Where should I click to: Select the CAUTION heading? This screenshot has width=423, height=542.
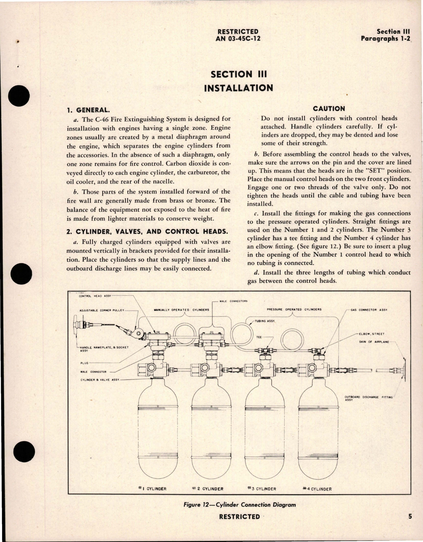point(329,109)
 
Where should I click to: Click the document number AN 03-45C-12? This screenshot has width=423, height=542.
point(238,38)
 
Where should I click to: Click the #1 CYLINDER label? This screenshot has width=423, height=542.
point(153,489)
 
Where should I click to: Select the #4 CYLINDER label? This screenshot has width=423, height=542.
point(317,489)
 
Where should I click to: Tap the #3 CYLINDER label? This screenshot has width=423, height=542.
point(262,489)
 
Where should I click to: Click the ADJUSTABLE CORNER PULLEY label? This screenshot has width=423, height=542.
point(102,310)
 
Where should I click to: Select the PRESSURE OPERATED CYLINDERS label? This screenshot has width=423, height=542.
point(294,309)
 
